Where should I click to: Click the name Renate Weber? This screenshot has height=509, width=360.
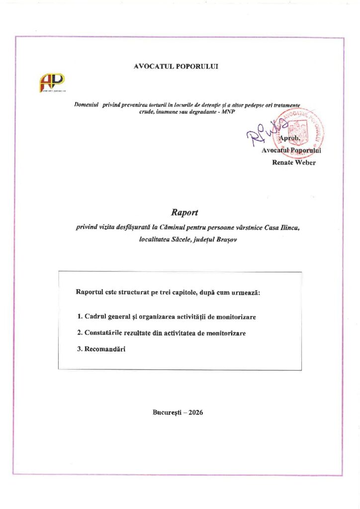pyautogui.click(x=293, y=163)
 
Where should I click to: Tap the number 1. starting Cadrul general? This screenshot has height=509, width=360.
pyautogui.click(x=80, y=316)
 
